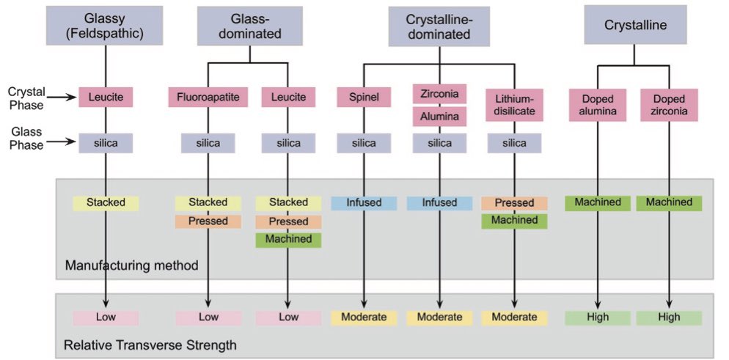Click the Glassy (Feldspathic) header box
point(106,26)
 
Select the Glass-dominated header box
point(249,26)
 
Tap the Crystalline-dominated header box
point(440,26)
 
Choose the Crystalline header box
point(635,26)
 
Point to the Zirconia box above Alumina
point(439,94)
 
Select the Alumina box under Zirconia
point(439,117)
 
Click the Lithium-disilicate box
point(514,105)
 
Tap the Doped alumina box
point(597,105)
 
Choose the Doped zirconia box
point(669,105)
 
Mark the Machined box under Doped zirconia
point(669,202)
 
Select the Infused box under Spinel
point(363,202)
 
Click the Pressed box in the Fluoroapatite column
point(208,221)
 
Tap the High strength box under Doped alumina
point(597,317)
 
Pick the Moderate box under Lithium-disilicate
point(514,317)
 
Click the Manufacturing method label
point(132,265)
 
